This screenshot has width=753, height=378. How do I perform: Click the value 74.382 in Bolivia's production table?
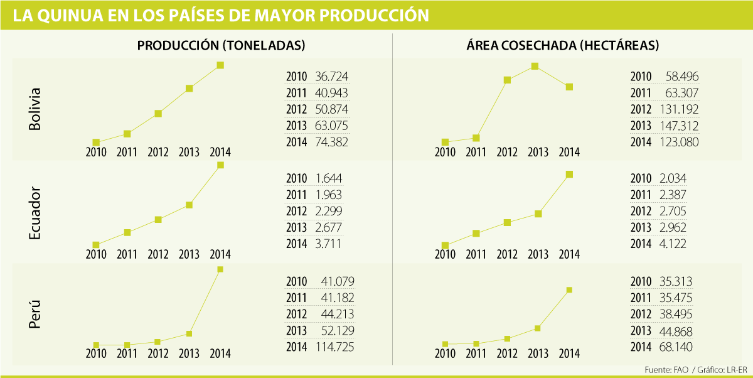pyautogui.click(x=331, y=142)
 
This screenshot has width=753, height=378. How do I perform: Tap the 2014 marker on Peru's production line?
pyautogui.click(x=220, y=269)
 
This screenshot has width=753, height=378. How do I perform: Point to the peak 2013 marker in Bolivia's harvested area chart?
pyautogui.click(x=535, y=66)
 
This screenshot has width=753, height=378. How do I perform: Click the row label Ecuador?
pyautogui.click(x=35, y=213)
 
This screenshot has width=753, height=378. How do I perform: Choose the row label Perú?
pyautogui.click(x=35, y=314)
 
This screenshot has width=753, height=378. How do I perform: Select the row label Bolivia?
pyautogui.click(x=35, y=109)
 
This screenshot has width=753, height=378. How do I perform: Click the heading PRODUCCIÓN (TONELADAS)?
pyautogui.click(x=222, y=46)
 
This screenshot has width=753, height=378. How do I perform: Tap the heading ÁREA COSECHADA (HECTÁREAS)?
pyautogui.click(x=562, y=46)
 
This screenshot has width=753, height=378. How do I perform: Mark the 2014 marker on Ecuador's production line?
pyautogui.click(x=220, y=165)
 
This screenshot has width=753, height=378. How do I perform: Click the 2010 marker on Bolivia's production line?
pyautogui.click(x=96, y=142)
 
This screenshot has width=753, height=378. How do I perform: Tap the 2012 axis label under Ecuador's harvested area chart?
pyautogui.click(x=507, y=254)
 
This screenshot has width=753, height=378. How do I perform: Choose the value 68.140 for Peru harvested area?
pyautogui.click(x=676, y=347)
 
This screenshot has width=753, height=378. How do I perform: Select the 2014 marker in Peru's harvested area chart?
pyautogui.click(x=569, y=290)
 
